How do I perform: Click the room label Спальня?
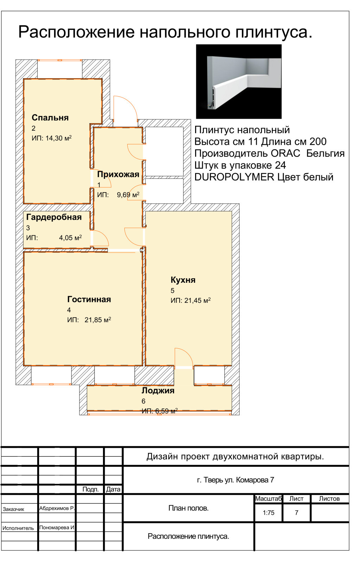click(x=50, y=118)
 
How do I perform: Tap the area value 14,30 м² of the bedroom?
click(x=58, y=138)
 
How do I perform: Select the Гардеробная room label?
click(x=54, y=217)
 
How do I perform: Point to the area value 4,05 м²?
click(x=70, y=237)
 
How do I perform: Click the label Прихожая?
click(x=118, y=174)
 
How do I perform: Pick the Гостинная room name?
click(x=89, y=299)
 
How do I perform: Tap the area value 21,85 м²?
click(x=98, y=320)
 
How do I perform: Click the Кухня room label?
click(x=183, y=280)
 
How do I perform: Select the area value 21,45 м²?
click(x=198, y=300)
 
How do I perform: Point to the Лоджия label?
click(x=158, y=391)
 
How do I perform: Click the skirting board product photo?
click(x=239, y=81)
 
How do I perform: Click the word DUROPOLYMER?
click(x=234, y=177)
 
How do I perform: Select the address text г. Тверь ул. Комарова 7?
click(x=236, y=480)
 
